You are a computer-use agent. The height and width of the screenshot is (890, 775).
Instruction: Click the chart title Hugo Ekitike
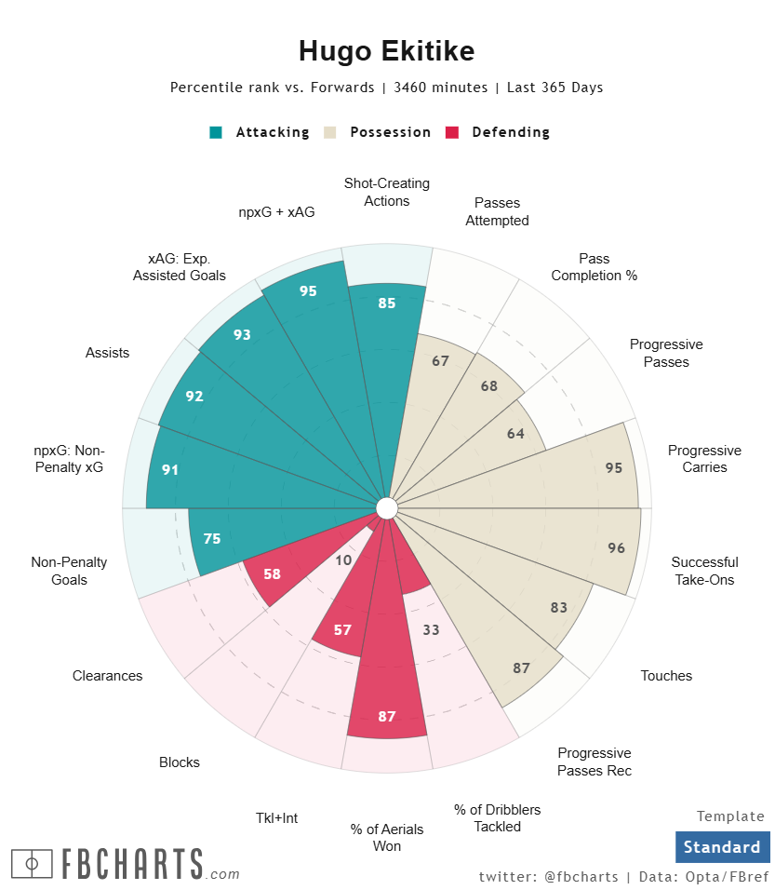pyautogui.click(x=387, y=51)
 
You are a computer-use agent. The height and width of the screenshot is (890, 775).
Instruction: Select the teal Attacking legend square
pyautogui.click(x=216, y=132)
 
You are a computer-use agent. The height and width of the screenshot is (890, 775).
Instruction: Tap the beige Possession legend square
pyautogui.click(x=329, y=132)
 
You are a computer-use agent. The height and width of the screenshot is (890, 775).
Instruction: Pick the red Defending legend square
pyautogui.click(x=452, y=132)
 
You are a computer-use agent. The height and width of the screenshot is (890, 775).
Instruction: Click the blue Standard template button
pyautogui.click(x=722, y=847)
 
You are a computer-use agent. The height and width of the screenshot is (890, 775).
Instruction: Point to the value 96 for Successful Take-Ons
pyautogui.click(x=616, y=548)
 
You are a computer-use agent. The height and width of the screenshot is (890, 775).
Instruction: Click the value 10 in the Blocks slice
pyautogui.click(x=344, y=560)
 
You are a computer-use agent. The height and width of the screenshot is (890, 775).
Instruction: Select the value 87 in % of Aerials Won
pyautogui.click(x=387, y=717)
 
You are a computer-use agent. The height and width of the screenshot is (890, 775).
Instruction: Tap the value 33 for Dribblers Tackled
pyautogui.click(x=431, y=630)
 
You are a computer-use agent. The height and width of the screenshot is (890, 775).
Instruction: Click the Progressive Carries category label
pyautogui.click(x=704, y=459)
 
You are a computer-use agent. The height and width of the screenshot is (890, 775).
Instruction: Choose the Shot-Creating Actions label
pyautogui.click(x=387, y=192)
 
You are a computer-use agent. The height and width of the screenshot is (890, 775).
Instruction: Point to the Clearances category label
pyautogui.click(x=108, y=676)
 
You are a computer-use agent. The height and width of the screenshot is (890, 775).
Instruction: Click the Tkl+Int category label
pyautogui.click(x=277, y=818)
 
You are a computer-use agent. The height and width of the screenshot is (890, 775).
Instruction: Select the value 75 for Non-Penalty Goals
pyautogui.click(x=212, y=538)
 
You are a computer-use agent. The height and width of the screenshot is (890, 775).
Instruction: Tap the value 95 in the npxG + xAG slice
pyautogui.click(x=308, y=291)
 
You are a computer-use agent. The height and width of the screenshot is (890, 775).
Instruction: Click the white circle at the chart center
pyautogui.click(x=387, y=507)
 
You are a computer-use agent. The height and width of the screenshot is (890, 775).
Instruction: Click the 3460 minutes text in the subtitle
pyautogui.click(x=441, y=88)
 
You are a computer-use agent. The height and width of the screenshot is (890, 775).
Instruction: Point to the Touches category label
pyautogui.click(x=666, y=676)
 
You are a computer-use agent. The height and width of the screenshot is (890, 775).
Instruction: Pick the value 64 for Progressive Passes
pyautogui.click(x=517, y=433)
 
